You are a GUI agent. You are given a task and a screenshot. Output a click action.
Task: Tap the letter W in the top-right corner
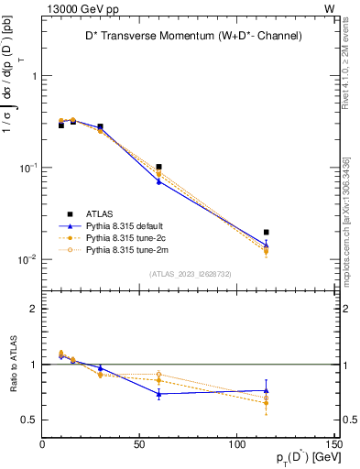coord(329,8)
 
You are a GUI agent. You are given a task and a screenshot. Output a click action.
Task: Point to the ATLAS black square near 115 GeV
coord(266,233)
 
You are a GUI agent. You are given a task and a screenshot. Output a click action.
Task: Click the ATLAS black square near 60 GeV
coord(158,168)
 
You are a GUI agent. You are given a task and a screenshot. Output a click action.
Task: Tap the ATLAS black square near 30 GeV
coord(100,126)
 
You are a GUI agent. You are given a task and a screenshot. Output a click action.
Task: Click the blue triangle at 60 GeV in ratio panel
coord(158,394)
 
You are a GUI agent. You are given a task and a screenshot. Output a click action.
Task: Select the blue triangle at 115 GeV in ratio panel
coord(266,390)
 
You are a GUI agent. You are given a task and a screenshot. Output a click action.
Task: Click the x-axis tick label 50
coord(139,444)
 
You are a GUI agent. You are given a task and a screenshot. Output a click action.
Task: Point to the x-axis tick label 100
coord(236,444)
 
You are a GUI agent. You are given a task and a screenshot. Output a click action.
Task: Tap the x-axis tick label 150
coord(333,444)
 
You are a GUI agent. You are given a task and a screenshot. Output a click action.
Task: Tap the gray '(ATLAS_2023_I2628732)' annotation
coord(191,274)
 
